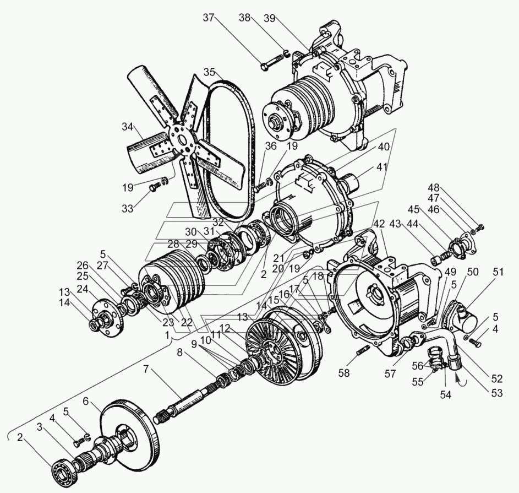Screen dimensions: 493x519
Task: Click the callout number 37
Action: coord(209,18)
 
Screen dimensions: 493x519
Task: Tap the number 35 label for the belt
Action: coord(209,72)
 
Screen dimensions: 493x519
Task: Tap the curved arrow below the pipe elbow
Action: coord(458,379)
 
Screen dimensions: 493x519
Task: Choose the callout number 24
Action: coord(83,288)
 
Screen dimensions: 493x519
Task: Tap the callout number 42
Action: coord(379,224)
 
